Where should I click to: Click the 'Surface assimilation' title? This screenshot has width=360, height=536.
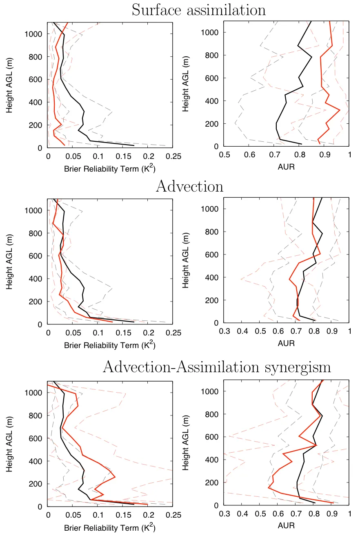coord(198,10)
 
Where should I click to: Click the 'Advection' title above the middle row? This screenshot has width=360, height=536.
coord(189,186)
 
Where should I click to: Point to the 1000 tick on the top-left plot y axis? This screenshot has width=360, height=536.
coord(34,34)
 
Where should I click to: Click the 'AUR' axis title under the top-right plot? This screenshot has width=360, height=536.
coord(286,167)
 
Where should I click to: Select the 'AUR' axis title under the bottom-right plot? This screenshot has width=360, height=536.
coord(286,526)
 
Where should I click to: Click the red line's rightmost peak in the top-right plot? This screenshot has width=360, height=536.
coord(340,110)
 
